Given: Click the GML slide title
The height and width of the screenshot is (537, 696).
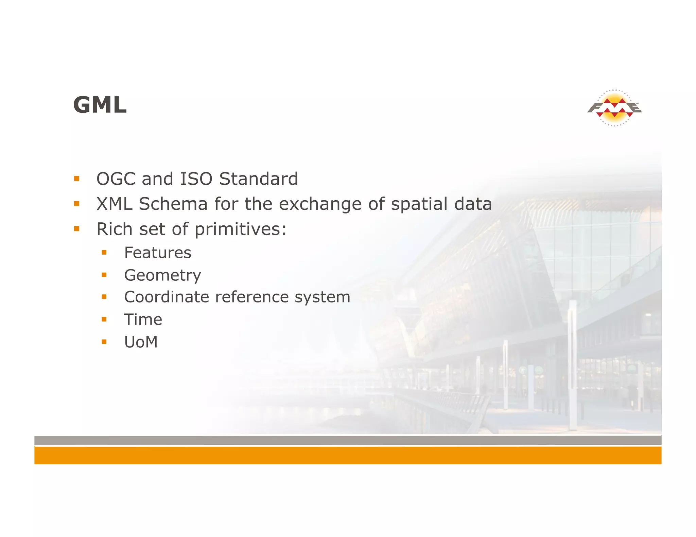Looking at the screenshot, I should [x=100, y=105].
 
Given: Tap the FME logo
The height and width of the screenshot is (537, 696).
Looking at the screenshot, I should [x=614, y=108].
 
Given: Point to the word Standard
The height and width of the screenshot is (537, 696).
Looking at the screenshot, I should [x=258, y=179].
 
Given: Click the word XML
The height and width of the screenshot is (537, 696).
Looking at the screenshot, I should [x=114, y=204].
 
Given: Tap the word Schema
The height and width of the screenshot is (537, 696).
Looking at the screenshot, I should [x=173, y=204].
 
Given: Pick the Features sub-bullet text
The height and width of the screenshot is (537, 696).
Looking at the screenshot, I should [x=158, y=253].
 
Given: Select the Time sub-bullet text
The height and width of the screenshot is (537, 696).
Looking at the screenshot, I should [x=143, y=320].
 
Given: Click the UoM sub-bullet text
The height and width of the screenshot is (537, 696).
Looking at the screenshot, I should [x=141, y=342].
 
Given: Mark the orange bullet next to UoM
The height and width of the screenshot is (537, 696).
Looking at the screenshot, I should [x=104, y=342].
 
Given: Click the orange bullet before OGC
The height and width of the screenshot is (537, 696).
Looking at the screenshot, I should [x=77, y=179].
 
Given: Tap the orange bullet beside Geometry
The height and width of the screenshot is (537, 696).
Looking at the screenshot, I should [x=104, y=275].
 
